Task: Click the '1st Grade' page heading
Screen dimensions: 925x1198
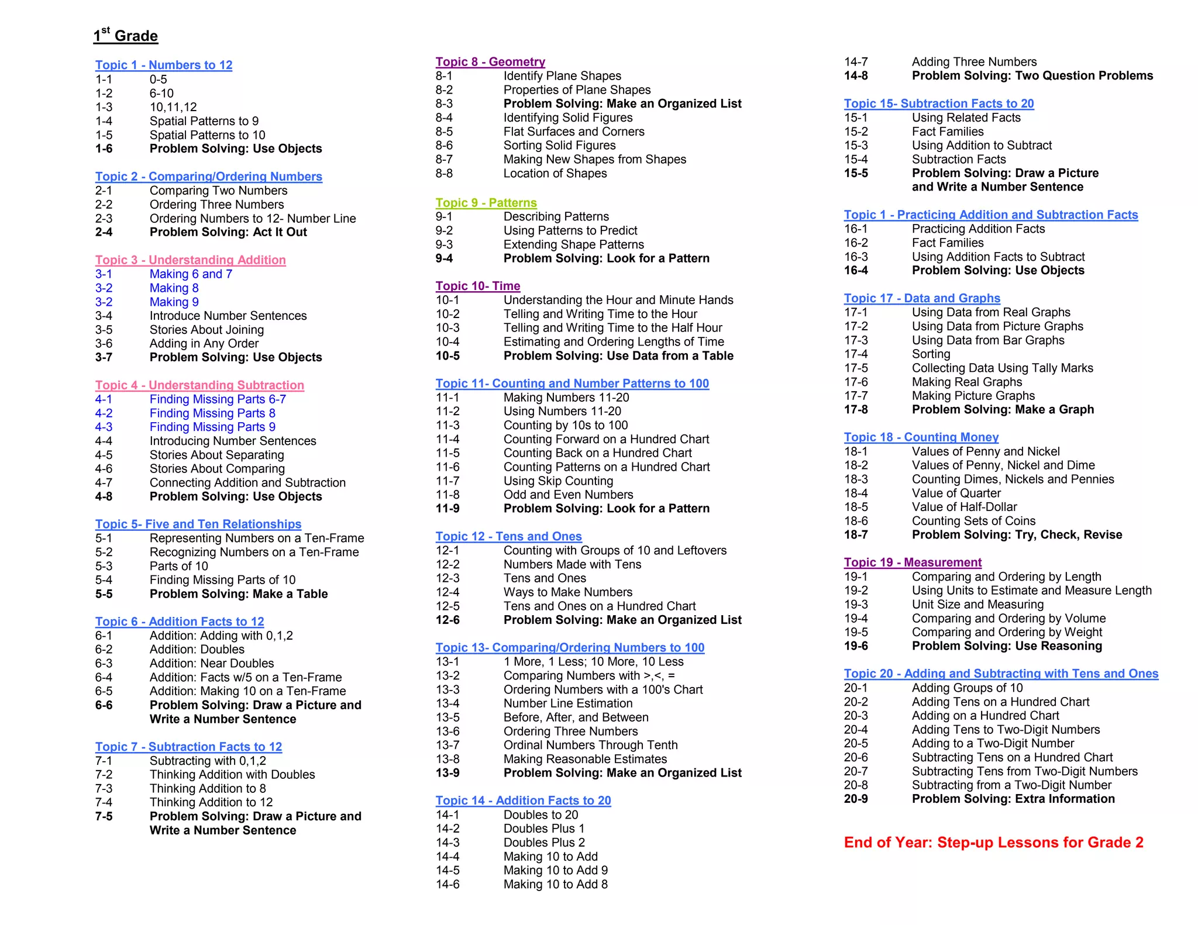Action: [x=126, y=36]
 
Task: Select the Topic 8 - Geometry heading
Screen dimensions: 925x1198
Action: [x=490, y=62]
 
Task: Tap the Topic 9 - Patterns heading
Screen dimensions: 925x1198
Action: [x=486, y=203]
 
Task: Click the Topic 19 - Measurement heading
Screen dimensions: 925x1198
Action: [x=913, y=562]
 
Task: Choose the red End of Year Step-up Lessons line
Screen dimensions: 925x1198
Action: [x=993, y=843]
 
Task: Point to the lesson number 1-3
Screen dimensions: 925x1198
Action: [x=104, y=107]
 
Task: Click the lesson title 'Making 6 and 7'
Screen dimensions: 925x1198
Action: [x=191, y=274]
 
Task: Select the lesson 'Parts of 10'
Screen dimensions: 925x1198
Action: [x=178, y=566]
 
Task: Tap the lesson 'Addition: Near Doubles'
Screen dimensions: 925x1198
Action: [x=211, y=664]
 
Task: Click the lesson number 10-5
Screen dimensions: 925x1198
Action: [x=447, y=356]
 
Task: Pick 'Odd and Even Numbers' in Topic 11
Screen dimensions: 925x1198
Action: [x=568, y=495]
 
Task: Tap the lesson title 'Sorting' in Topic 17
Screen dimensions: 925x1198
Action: [x=931, y=354]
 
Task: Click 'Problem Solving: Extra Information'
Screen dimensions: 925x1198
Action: [x=1013, y=799]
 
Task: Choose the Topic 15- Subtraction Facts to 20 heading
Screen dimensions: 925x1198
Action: [x=939, y=103]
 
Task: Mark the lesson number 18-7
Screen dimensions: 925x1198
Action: [x=856, y=535]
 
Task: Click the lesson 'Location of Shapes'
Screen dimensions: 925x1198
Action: [x=555, y=174]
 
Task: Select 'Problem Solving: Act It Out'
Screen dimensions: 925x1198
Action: [x=228, y=232]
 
